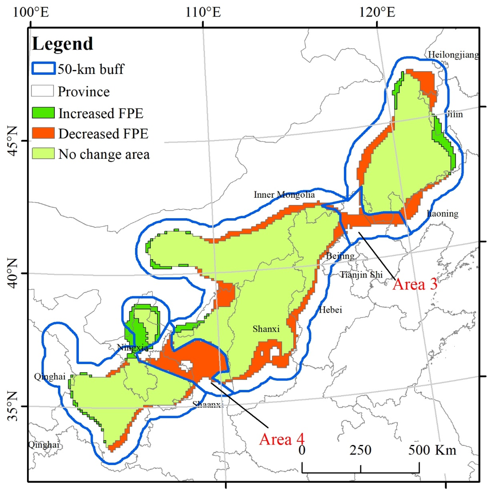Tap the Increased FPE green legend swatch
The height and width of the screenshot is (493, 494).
coord(43,113)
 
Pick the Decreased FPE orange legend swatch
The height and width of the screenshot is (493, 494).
coord(43,133)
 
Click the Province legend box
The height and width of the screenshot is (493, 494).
coord(42,91)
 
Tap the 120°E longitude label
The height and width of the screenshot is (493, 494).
coord(377,12)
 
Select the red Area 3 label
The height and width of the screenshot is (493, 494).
coord(415,284)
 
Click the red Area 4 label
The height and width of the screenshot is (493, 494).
coord(282,439)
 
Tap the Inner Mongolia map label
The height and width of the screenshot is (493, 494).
coord(284,195)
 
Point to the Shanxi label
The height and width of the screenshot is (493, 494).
coord(266,329)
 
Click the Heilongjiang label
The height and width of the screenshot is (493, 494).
coord(453,54)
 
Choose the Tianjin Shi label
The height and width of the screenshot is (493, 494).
coord(361,275)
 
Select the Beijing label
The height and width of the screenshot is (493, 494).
coord(340,256)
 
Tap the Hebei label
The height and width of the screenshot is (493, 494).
coord(330,310)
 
